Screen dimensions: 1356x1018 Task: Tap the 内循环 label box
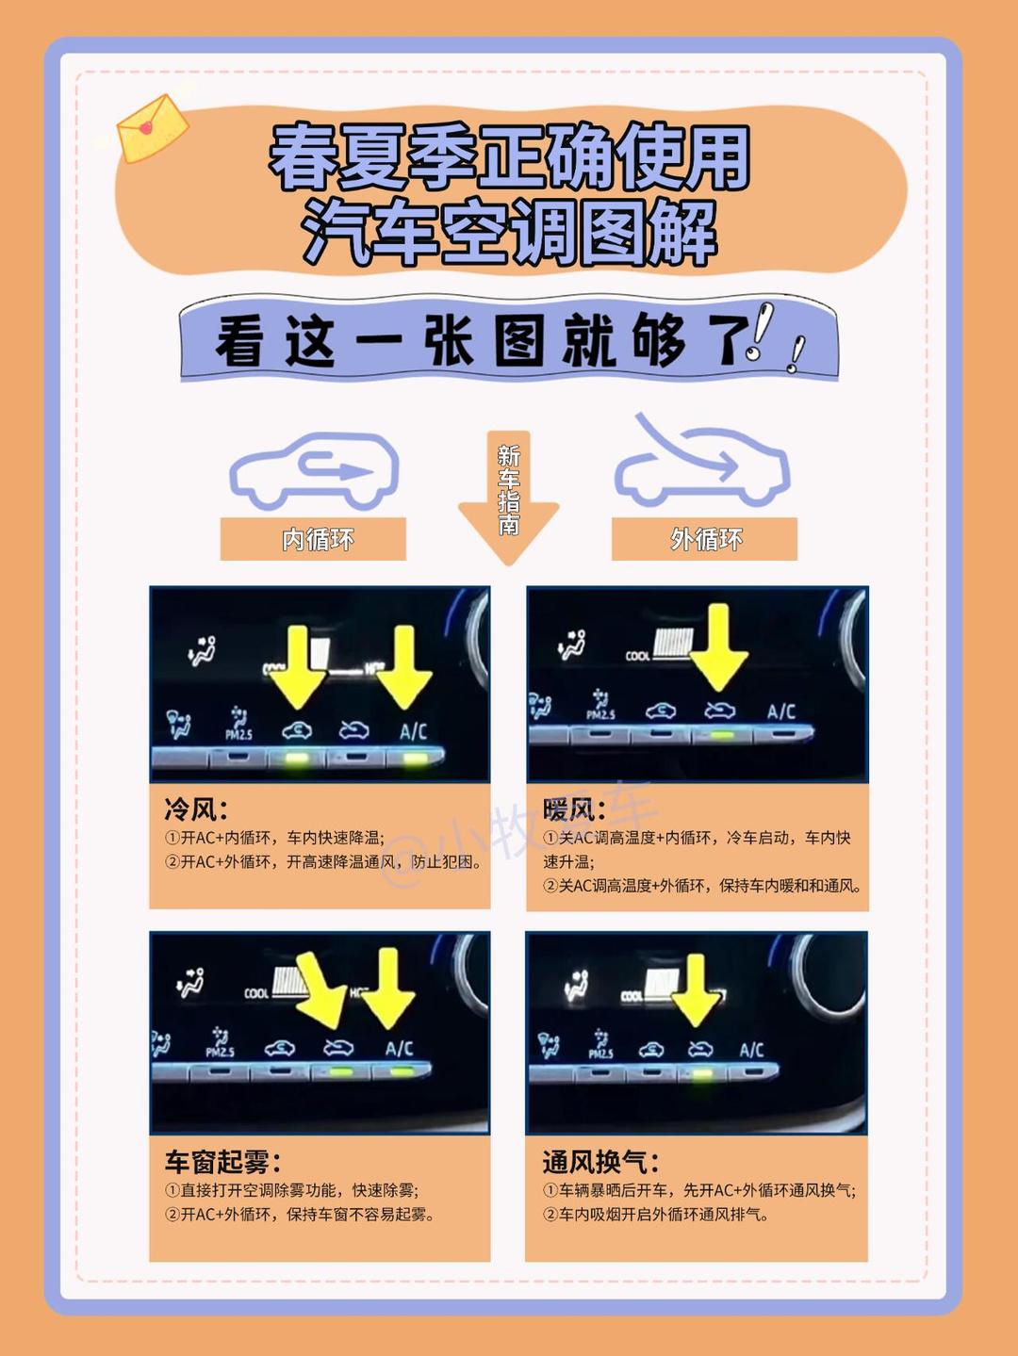[x=313, y=539]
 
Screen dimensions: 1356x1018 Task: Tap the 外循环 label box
[x=704, y=539]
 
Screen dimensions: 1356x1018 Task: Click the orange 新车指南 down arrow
[x=508, y=494]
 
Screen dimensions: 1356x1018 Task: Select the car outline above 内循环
[x=315, y=470]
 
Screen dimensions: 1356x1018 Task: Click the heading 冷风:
[x=195, y=809]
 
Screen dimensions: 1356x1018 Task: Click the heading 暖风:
[x=572, y=809]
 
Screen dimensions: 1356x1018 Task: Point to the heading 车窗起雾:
[x=222, y=1161]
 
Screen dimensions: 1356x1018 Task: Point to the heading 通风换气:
[x=600, y=1161]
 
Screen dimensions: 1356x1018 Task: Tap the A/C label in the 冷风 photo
[x=413, y=731]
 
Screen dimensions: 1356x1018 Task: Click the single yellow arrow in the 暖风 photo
[x=718, y=646]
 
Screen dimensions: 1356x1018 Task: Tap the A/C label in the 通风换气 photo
[x=751, y=1050]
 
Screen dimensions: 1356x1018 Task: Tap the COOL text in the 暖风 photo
[x=637, y=656]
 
